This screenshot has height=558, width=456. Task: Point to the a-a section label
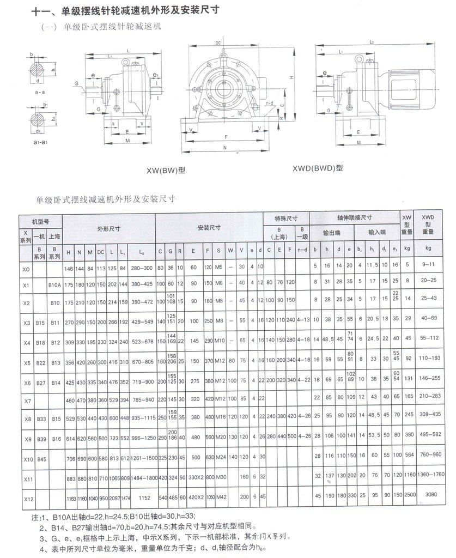tap(40, 93)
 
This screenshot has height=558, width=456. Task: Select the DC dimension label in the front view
tap(218, 43)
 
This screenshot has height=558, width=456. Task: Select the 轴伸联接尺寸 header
tap(355, 217)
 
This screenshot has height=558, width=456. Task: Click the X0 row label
tap(26, 269)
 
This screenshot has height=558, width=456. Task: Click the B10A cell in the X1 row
tap(54, 284)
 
